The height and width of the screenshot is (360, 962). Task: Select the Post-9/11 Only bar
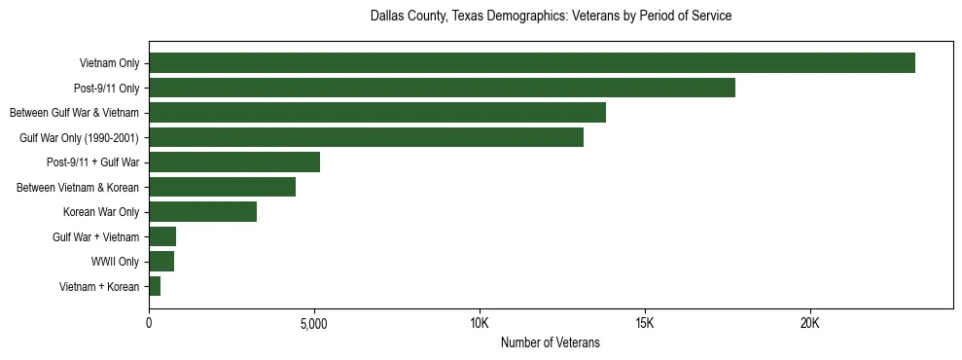tap(442, 88)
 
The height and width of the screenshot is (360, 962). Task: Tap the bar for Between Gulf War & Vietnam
tap(377, 113)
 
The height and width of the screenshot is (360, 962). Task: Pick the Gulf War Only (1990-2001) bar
tap(366, 137)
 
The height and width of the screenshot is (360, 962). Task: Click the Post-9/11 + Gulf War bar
tap(234, 162)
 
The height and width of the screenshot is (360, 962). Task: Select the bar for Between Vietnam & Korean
tap(222, 187)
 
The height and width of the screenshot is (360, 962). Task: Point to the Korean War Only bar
tap(202, 212)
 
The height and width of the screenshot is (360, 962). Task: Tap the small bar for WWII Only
tap(161, 262)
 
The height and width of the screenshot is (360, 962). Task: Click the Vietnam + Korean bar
tap(155, 286)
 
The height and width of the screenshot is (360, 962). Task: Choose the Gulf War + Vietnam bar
tap(162, 236)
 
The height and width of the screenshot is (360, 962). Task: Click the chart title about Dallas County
tap(551, 17)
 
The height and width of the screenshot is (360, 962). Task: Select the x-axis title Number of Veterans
tap(550, 342)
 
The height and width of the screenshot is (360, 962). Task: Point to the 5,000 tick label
tap(314, 322)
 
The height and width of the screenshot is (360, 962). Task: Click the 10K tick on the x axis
tap(480, 322)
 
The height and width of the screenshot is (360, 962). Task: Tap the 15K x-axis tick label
tap(645, 322)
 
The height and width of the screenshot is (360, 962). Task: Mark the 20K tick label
tap(810, 322)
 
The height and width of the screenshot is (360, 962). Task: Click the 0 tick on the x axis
tap(149, 322)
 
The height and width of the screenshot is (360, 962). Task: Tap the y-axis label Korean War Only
tap(101, 212)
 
